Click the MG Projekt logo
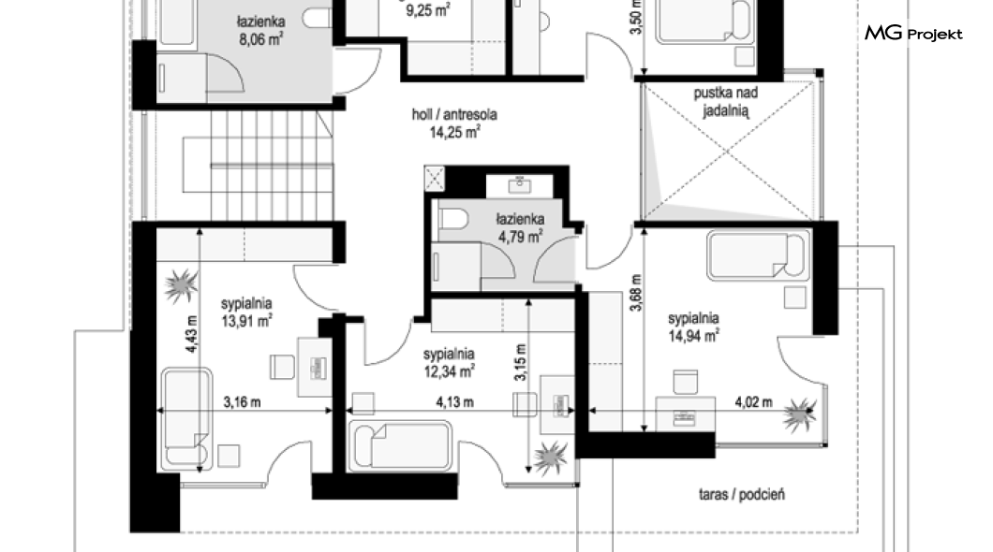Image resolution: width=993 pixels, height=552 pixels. click(x=913, y=33)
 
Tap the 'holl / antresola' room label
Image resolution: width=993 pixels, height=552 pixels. click(x=454, y=114)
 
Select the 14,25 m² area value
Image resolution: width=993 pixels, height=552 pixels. click(x=454, y=132)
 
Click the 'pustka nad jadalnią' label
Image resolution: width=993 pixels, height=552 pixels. click(x=726, y=102)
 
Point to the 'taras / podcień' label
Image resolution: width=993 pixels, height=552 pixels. click(x=742, y=494)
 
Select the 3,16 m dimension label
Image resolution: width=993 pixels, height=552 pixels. click(x=242, y=402)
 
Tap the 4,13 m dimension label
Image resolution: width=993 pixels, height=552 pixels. click(x=454, y=402)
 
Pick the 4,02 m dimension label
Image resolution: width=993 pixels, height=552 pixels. click(x=753, y=401)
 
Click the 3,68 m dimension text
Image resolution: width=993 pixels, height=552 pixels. click(x=636, y=292)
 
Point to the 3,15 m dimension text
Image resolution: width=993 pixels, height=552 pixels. click(x=520, y=362)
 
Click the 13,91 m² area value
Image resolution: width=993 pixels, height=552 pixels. click(x=247, y=321)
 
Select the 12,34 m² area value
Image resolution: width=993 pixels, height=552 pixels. click(x=450, y=371)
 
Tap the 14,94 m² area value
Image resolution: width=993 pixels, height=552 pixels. click(x=693, y=336)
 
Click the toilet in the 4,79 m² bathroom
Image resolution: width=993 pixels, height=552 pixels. click(x=452, y=220)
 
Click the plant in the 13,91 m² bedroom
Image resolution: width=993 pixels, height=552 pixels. click(x=182, y=285)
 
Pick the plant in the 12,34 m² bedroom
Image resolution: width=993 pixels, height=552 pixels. click(x=550, y=458)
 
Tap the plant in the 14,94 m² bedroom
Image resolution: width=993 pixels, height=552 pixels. click(x=799, y=414)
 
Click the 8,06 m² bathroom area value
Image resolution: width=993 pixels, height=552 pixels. click(x=261, y=39)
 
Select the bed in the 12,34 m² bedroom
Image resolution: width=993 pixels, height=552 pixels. click(x=402, y=446)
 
